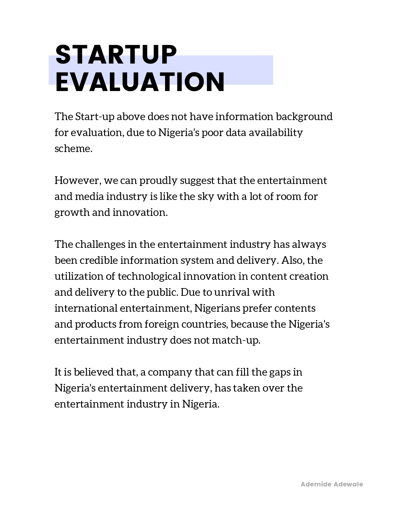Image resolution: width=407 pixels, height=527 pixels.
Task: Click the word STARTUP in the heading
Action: [x=116, y=55]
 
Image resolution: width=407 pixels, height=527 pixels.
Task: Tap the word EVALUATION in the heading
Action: [x=140, y=82]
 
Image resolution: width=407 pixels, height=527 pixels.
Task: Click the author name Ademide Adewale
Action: [x=332, y=484]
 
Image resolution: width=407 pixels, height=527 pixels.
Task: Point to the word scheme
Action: [x=73, y=149]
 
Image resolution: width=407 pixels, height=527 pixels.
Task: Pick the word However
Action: [x=78, y=180]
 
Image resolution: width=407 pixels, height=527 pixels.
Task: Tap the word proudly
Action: [x=158, y=180]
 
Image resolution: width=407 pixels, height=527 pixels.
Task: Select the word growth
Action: [x=72, y=212]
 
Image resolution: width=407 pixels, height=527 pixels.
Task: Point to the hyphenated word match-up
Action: [x=236, y=340]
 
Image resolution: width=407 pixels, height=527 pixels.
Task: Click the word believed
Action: [x=94, y=372]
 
